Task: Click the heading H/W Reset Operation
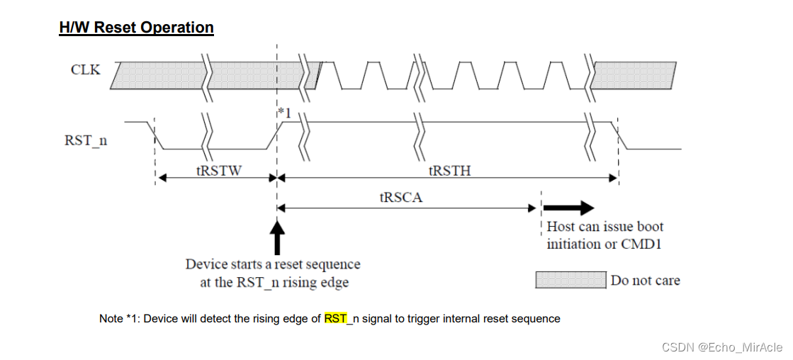point(136,28)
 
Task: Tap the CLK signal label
point(86,69)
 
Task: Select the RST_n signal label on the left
point(86,140)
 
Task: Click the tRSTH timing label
point(449,170)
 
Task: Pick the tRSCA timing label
point(400,198)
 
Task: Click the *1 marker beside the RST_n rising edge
point(285,112)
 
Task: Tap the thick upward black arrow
point(277,237)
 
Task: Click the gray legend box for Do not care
point(570,280)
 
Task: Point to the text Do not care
point(645,281)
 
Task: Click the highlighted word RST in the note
point(335,319)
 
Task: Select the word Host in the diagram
point(561,227)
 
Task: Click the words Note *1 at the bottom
point(119,319)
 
